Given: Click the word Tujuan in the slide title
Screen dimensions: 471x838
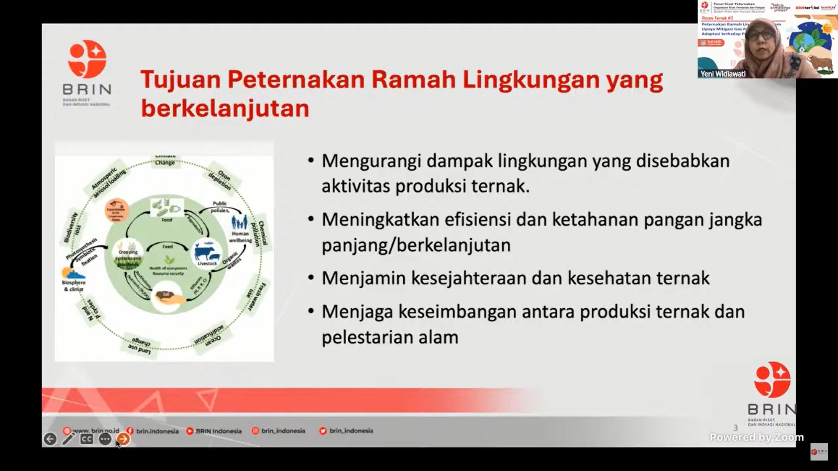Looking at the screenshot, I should tap(180, 80).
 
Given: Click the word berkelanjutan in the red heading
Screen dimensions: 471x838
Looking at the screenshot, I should tap(225, 109).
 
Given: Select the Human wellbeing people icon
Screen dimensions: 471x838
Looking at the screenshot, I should tap(239, 223).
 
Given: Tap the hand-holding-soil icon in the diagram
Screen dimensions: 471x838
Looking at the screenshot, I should tap(167, 297).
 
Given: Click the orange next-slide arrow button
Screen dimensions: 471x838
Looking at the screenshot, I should tap(123, 439).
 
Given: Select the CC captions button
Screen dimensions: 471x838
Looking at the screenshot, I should tap(86, 439).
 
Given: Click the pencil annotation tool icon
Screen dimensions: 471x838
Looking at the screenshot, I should tap(68, 439).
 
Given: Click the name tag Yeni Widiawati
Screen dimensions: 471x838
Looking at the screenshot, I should tap(723, 74).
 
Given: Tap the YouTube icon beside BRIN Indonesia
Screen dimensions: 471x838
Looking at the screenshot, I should tap(190, 431).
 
